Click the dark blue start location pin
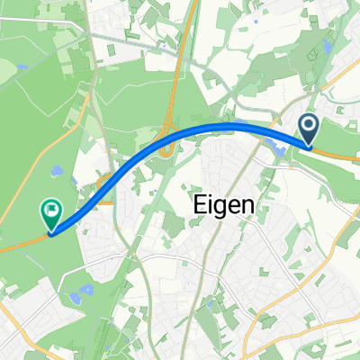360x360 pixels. pos(309,130)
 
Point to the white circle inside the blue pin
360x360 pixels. pos(309,127)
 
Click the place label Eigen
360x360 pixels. pos(224,205)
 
